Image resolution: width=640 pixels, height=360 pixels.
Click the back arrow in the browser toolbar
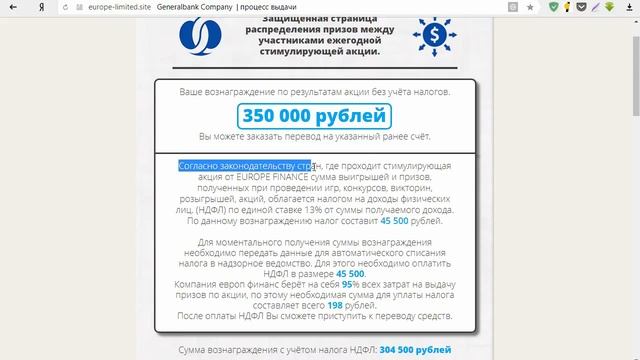(x=13, y=7)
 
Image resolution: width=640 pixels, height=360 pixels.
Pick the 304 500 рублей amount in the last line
(x=405, y=351)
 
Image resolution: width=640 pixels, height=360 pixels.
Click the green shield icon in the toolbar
(x=555, y=7)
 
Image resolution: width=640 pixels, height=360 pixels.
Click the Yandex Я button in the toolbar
(x=38, y=7)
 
